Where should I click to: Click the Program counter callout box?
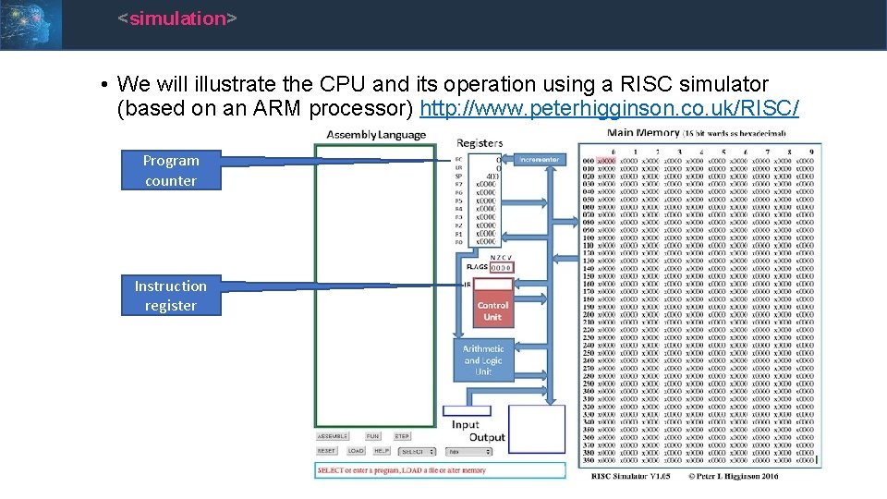[x=171, y=170]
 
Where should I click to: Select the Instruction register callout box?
[x=171, y=296]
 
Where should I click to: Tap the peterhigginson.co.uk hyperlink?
[x=609, y=109]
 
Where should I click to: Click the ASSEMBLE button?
[x=333, y=436]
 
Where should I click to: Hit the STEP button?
[x=402, y=436]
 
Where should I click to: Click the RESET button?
[x=327, y=451]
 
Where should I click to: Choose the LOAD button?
[x=356, y=451]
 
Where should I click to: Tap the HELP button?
[x=382, y=451]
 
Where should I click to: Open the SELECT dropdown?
[x=417, y=452]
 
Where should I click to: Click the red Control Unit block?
[x=492, y=310]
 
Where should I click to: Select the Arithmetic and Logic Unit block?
[x=483, y=360]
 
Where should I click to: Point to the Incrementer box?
[x=539, y=160]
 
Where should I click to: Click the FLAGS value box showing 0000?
[x=500, y=267]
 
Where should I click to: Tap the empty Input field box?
[x=467, y=410]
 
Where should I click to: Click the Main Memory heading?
[x=643, y=133]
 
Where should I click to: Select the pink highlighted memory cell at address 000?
[x=606, y=161]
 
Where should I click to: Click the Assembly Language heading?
[x=376, y=135]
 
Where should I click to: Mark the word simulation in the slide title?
[x=177, y=18]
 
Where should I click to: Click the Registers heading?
[x=480, y=143]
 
